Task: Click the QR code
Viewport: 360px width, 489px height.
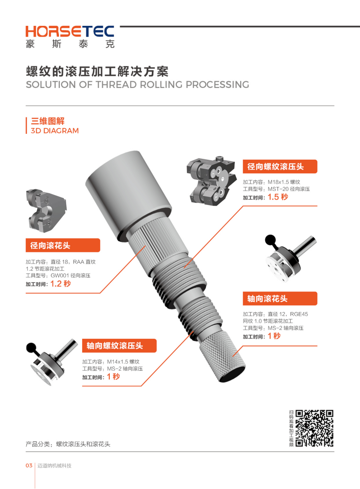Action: click(x=314, y=428)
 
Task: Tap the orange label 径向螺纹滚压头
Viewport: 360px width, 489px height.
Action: click(x=280, y=166)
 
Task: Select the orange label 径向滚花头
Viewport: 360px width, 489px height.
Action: click(x=63, y=245)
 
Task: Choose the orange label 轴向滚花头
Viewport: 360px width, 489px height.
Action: click(x=280, y=298)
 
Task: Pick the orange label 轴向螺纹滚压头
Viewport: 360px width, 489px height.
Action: click(x=119, y=346)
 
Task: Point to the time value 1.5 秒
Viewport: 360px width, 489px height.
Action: click(x=278, y=197)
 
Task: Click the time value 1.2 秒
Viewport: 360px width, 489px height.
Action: click(x=60, y=284)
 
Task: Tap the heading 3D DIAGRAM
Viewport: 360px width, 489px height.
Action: click(x=54, y=131)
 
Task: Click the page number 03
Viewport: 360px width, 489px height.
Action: click(x=29, y=465)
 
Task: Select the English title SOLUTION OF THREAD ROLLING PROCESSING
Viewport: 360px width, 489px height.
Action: click(x=137, y=84)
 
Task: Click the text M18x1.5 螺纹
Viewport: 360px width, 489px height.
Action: click(x=284, y=182)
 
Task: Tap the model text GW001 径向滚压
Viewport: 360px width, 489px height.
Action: click(x=70, y=275)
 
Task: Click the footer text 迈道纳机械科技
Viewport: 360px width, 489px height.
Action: click(x=54, y=465)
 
